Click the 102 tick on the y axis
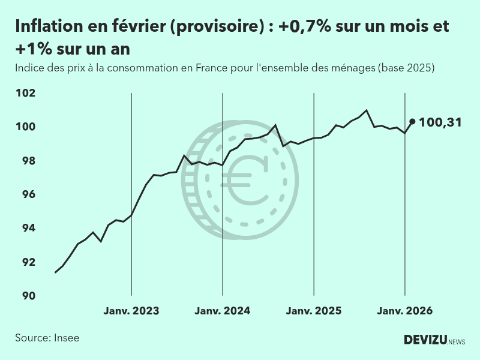[x=26, y=93]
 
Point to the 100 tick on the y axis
[x=26, y=127]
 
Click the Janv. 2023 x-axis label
[x=131, y=311]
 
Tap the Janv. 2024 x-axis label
[x=223, y=311]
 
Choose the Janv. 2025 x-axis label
[x=314, y=311]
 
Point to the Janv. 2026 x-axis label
[x=404, y=311]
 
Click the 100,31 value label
[x=440, y=122]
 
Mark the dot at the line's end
[x=412, y=121]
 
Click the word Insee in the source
[x=66, y=338]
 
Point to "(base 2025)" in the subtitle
[x=406, y=68]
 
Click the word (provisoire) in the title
[x=215, y=27]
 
